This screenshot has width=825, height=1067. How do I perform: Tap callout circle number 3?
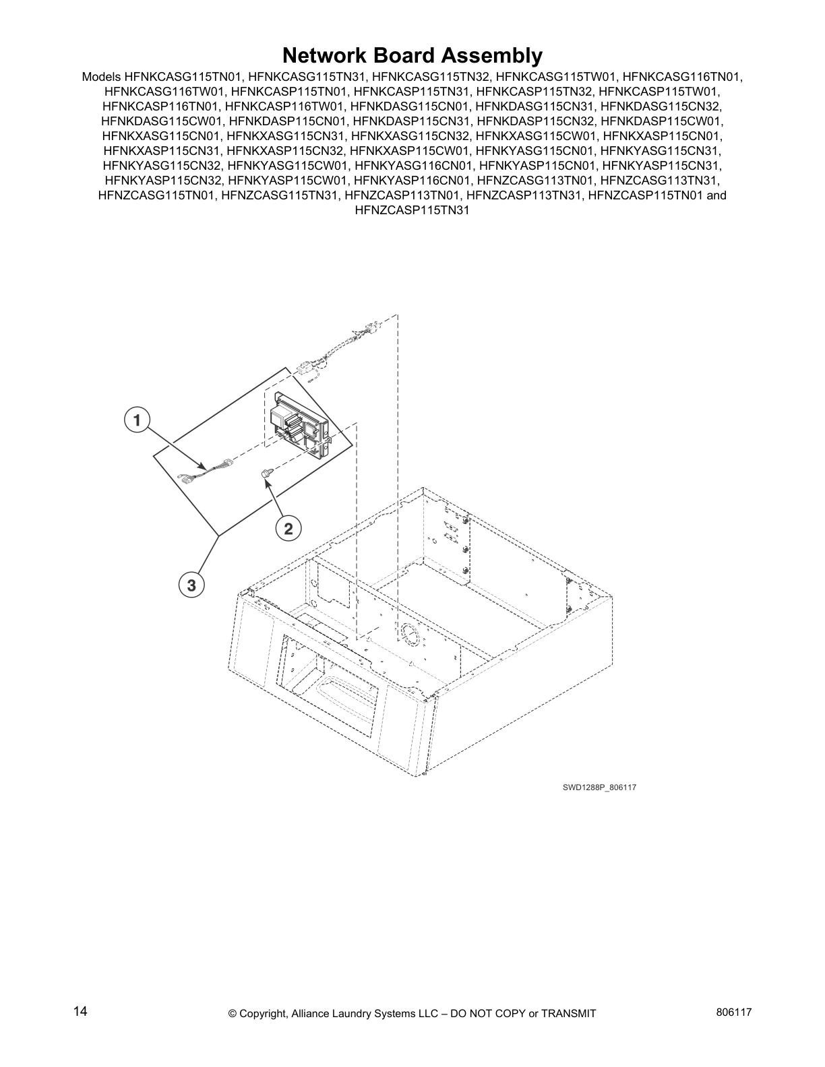click(x=191, y=585)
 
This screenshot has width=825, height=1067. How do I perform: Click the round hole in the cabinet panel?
click(x=409, y=633)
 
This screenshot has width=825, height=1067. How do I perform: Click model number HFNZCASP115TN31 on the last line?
click(x=412, y=210)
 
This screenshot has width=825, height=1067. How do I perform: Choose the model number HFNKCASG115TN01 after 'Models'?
click(x=179, y=77)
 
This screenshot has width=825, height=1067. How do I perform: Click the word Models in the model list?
click(x=101, y=77)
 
